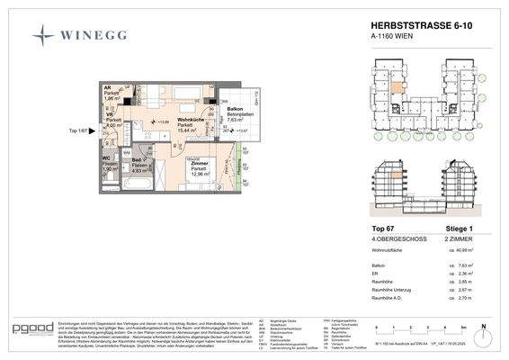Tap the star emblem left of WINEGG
tap(43, 35)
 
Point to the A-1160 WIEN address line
tap(397, 40)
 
